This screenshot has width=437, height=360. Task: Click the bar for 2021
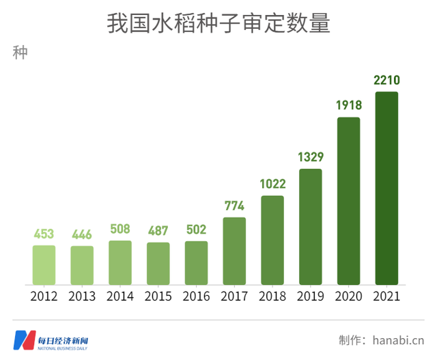(x=386, y=188)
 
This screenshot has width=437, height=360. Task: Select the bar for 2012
(x=44, y=264)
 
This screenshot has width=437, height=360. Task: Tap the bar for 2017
(x=234, y=251)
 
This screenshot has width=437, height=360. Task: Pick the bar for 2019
(x=310, y=226)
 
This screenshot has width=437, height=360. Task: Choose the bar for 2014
(x=120, y=262)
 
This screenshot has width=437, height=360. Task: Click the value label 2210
(x=386, y=80)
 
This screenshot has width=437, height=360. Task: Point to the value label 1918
(x=348, y=105)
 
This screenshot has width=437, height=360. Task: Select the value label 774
(x=234, y=205)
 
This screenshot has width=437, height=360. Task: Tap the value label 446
(x=82, y=234)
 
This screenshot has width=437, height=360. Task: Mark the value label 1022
(x=272, y=184)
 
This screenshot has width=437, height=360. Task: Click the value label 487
(x=158, y=231)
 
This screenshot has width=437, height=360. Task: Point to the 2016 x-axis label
(x=196, y=297)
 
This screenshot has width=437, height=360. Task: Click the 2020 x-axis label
(x=348, y=297)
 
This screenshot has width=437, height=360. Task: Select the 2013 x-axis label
(x=82, y=297)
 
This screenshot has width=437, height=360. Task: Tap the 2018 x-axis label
(x=272, y=297)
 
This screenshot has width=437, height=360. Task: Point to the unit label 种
(x=20, y=53)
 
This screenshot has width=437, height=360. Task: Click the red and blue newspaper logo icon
(x=25, y=340)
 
